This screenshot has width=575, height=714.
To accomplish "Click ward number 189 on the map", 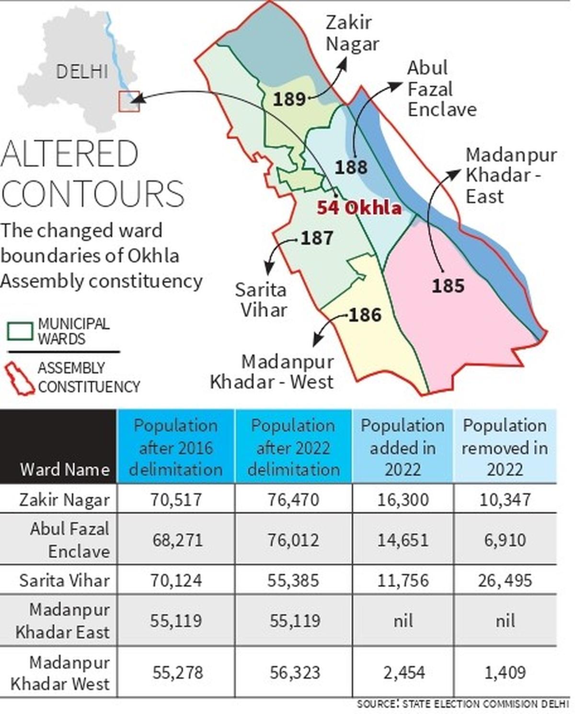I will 289,99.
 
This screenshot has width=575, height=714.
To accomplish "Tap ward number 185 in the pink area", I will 448,286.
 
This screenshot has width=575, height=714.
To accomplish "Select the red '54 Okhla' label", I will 359,208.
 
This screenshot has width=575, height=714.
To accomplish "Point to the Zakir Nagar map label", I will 352,33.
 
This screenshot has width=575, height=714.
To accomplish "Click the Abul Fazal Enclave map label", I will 441,89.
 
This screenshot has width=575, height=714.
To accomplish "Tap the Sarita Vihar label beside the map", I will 261,300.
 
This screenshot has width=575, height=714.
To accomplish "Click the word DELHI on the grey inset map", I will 82,72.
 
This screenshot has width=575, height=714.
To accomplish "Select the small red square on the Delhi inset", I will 129,101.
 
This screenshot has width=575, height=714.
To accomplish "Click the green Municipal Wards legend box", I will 20,331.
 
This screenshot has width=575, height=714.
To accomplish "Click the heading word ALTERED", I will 70,154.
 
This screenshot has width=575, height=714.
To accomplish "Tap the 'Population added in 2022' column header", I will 402,447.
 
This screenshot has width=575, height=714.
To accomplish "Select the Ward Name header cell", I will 65,469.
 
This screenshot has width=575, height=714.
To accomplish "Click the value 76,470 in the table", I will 293,500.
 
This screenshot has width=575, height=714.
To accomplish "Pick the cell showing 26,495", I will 505,580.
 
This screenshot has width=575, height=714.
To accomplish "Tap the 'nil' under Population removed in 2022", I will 505,621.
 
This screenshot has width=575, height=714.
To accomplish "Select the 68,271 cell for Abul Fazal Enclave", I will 177,540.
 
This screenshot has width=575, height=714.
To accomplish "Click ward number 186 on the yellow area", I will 365,315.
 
